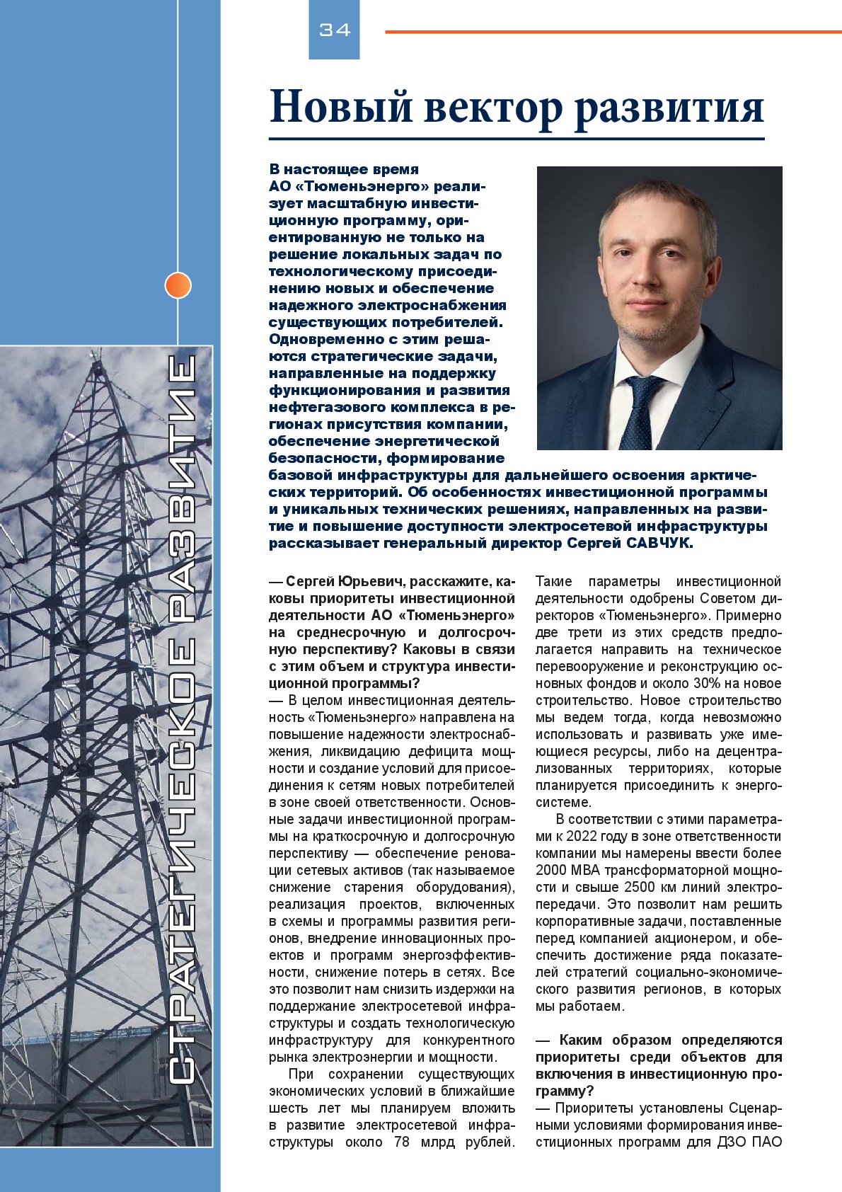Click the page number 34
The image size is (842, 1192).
point(335,30)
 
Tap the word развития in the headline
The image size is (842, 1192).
point(669,108)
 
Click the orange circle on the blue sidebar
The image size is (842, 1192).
point(178,285)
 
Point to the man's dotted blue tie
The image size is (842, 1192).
point(640,411)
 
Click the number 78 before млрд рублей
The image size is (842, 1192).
point(401,1142)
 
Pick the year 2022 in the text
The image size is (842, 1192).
point(582,836)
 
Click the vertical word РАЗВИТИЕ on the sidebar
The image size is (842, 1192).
point(182,491)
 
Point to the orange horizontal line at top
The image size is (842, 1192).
point(613,32)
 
